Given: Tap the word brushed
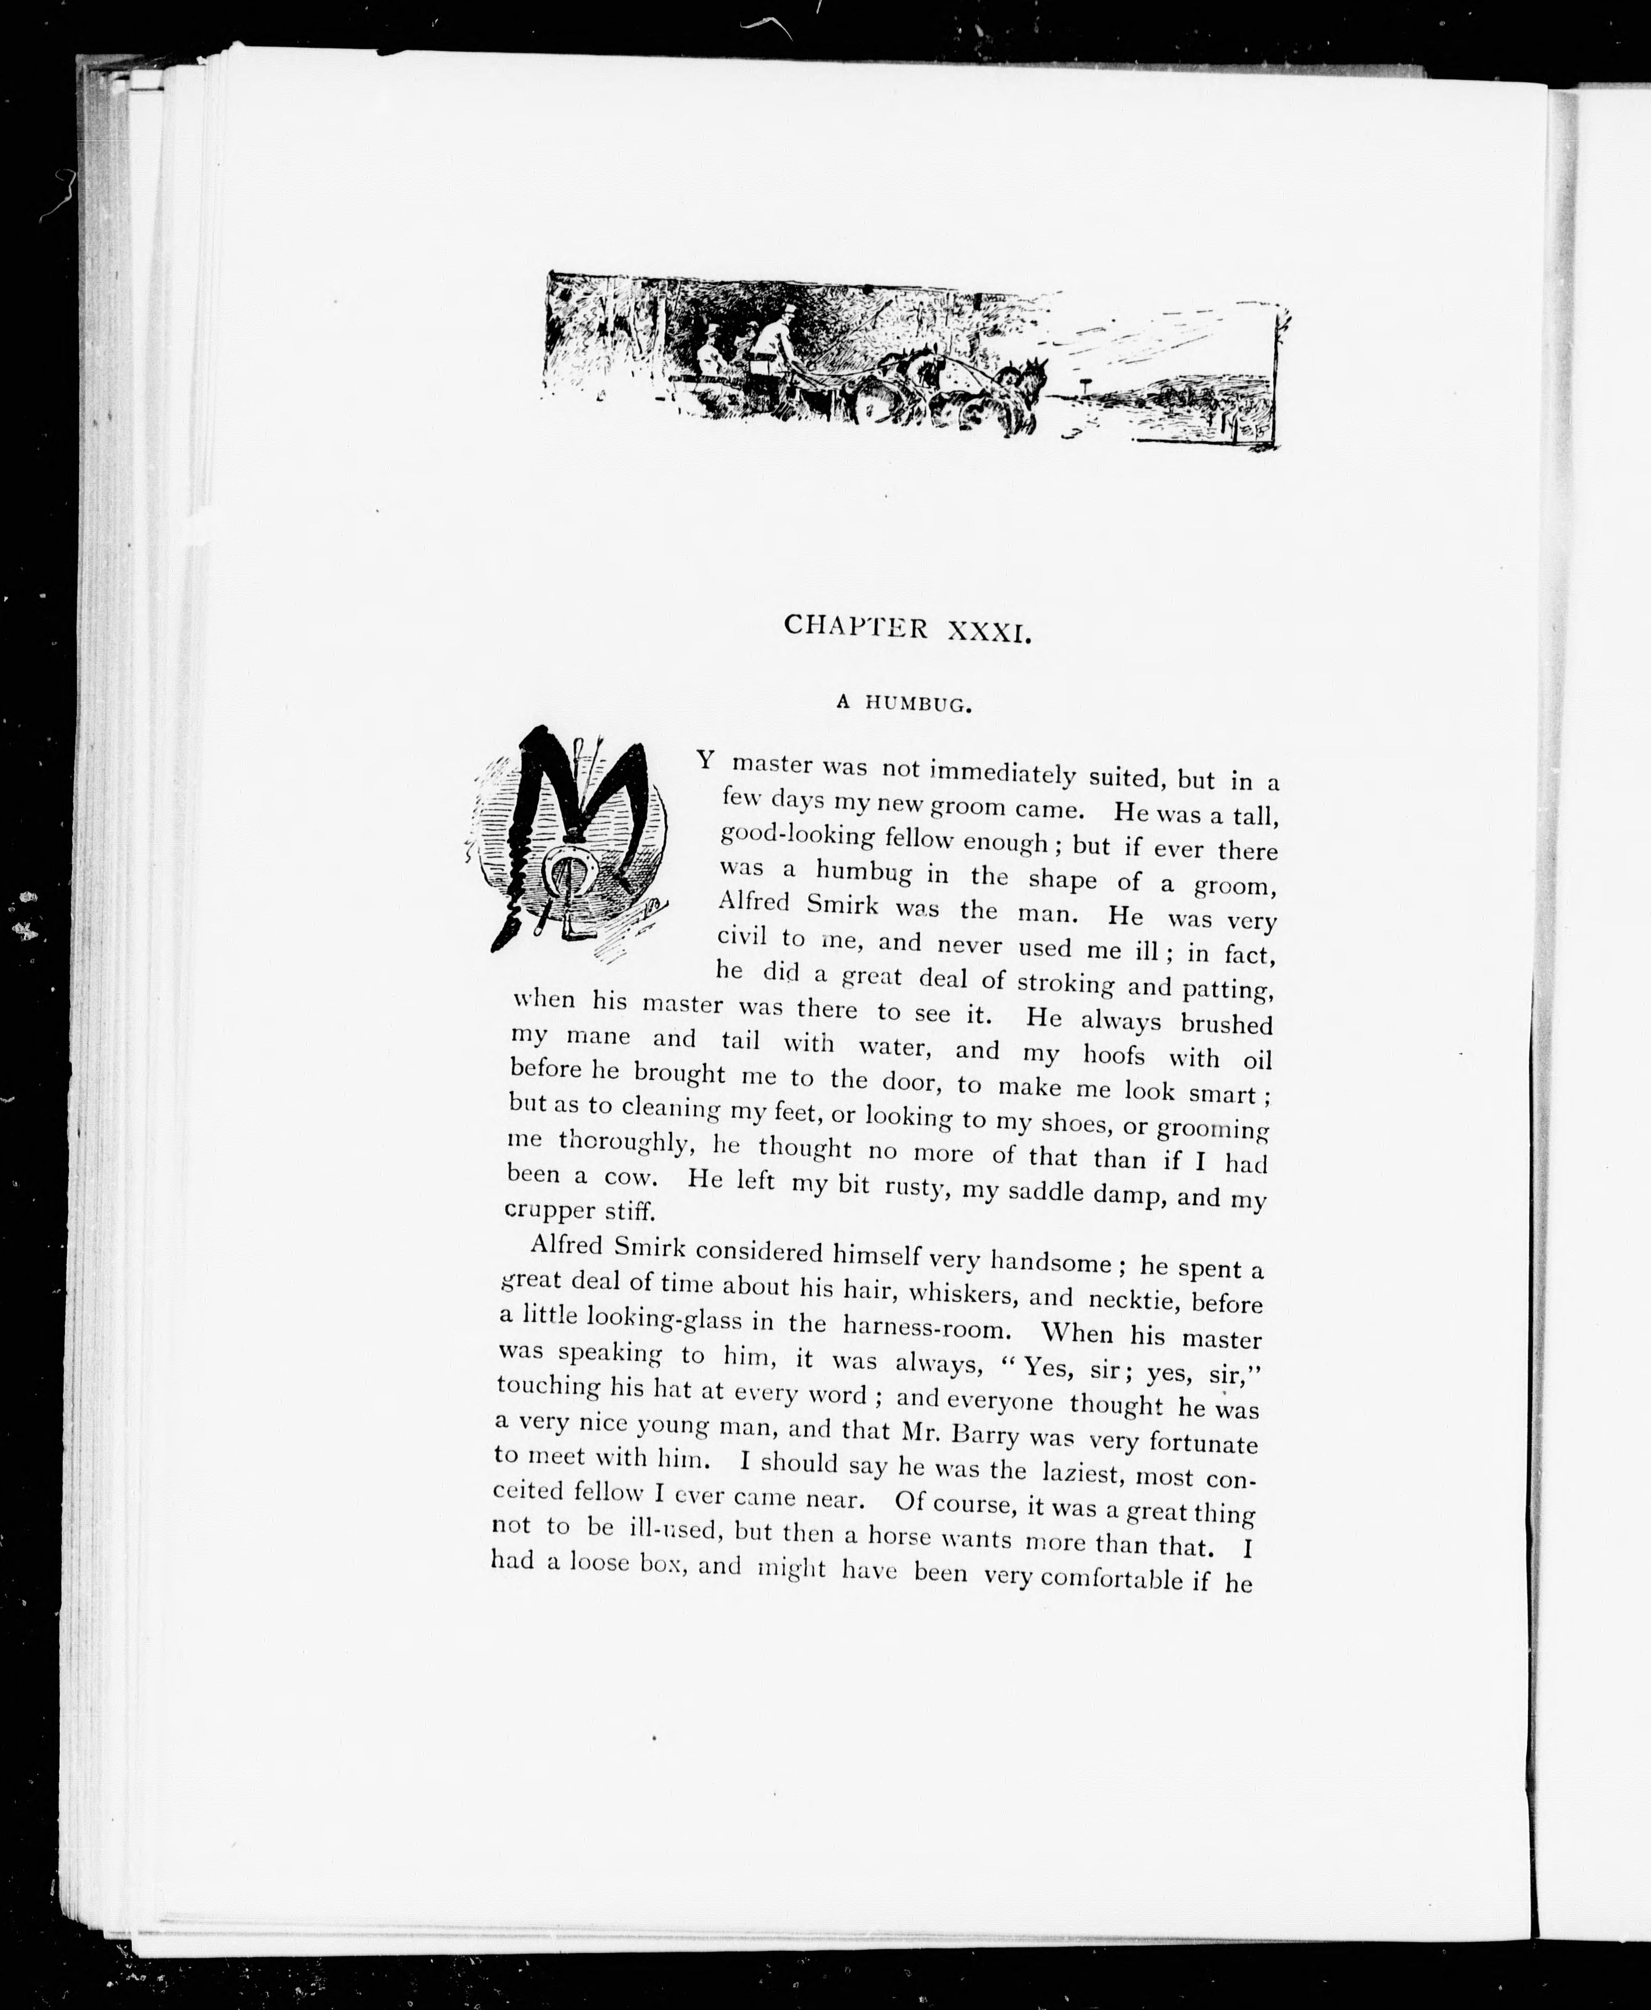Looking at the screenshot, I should click(x=1226, y=1024).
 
